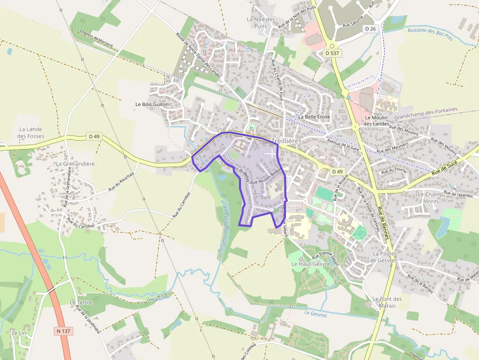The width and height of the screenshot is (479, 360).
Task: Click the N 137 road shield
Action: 64,331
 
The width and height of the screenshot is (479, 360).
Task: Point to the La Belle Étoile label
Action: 314,117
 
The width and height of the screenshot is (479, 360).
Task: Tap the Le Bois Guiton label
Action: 152,104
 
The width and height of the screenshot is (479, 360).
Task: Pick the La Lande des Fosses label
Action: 30,132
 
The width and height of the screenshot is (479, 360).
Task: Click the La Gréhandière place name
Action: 75,164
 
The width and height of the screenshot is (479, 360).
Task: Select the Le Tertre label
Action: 81,302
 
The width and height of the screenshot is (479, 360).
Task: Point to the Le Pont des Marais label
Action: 387,302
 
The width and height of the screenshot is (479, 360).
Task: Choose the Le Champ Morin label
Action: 431,197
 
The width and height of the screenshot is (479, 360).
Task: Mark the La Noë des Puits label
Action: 261,22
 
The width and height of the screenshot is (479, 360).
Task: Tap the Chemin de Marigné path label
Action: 96,38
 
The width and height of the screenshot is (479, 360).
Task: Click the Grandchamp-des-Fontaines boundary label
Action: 426,114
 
